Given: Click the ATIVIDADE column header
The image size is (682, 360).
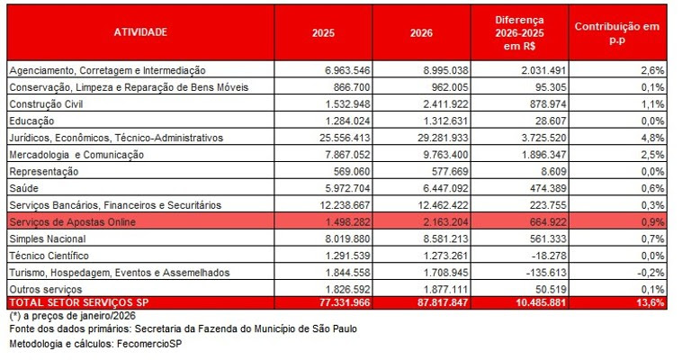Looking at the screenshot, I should tap(139, 32).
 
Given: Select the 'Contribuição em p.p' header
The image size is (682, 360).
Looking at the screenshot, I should tap(616, 32).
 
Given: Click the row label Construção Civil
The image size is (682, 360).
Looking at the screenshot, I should tap(46, 103).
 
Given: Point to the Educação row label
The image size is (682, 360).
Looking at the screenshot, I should tap(31, 121).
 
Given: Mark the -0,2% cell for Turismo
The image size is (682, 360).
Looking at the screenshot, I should tap(650, 272).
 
